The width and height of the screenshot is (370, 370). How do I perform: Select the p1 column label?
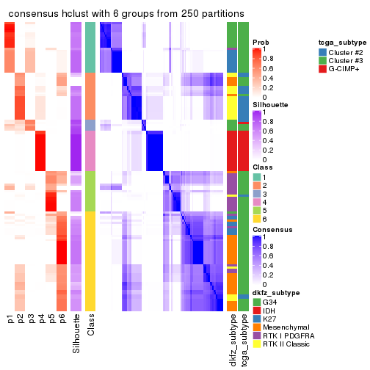pos(10,319)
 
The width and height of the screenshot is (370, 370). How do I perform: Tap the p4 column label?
pos(41,319)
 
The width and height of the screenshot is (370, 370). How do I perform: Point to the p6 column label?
pos(62,319)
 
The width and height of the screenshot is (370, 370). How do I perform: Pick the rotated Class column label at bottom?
pos(90,325)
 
